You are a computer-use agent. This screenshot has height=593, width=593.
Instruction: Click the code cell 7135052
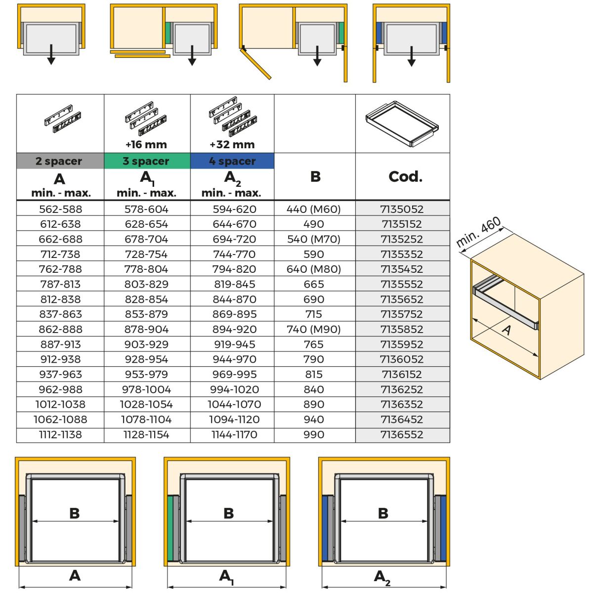(402, 209)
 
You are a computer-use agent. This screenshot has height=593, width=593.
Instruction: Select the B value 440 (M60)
(314, 209)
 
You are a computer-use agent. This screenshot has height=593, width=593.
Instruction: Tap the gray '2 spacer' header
(59, 161)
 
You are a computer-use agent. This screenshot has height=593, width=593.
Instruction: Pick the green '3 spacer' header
(146, 161)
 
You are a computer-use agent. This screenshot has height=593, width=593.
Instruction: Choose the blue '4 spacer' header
(232, 161)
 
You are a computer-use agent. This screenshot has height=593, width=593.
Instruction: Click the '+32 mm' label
(232, 145)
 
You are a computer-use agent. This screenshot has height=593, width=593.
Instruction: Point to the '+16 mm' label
(146, 145)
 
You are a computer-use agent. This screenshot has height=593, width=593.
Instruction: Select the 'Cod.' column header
(405, 176)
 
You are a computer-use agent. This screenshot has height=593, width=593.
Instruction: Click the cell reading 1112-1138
(60, 435)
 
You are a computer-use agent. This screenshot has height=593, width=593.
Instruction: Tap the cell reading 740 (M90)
(314, 330)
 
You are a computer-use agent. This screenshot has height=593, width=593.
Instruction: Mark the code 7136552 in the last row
(402, 435)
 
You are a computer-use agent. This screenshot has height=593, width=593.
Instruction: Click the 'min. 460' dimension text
(478, 232)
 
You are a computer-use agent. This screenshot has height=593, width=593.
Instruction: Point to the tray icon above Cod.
(402, 124)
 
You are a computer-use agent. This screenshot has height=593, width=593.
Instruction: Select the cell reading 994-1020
(234, 389)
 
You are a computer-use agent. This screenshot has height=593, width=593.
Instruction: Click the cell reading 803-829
(146, 284)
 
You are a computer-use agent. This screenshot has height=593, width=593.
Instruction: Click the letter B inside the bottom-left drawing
(75, 513)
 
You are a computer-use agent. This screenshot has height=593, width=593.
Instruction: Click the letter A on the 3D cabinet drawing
(507, 330)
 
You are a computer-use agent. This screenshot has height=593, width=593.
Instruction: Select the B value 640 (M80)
(314, 269)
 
